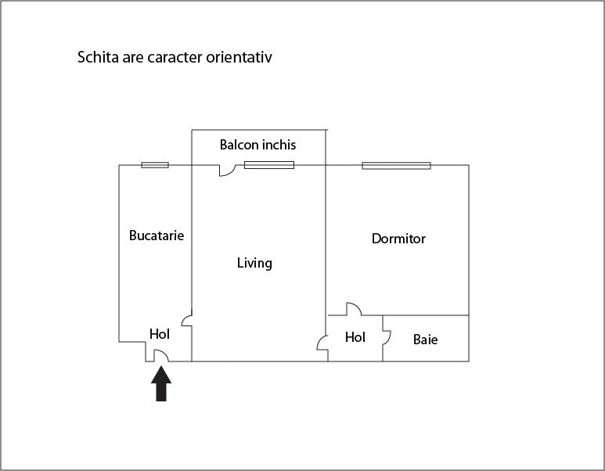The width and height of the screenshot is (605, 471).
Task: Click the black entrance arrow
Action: tap(161, 384)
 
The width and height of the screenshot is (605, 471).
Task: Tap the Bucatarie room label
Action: tap(157, 235)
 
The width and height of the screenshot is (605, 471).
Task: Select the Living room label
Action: tap(254, 264)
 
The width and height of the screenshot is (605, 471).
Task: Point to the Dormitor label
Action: tap(398, 239)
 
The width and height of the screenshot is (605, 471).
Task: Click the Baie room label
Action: tap(425, 340)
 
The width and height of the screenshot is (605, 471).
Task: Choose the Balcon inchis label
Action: tap(257, 145)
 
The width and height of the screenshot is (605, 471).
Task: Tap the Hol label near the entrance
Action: tap(160, 333)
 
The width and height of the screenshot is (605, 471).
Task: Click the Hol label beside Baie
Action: tap(355, 337)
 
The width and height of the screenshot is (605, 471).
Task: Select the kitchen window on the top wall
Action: tap(155, 165)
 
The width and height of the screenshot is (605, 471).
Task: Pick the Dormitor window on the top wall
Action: tap(396, 166)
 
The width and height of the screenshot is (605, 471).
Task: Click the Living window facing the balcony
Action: tap(269, 165)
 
